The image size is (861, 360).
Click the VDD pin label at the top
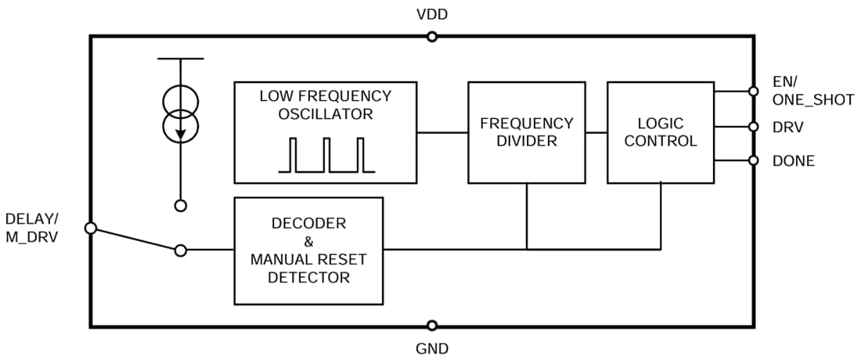click(x=432, y=14)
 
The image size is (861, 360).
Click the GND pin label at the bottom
click(x=432, y=348)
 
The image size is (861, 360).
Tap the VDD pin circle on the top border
click(x=431, y=36)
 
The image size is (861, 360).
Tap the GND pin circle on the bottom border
click(x=431, y=326)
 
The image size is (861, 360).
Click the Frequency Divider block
click(x=526, y=132)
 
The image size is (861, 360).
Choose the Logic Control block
click(x=660, y=132)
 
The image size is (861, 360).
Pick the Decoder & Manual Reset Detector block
click(x=308, y=250)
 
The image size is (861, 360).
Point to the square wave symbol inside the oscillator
click(x=326, y=155)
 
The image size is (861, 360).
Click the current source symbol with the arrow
click(x=181, y=113)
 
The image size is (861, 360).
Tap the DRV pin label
click(x=787, y=126)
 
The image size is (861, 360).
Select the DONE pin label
click(x=793, y=161)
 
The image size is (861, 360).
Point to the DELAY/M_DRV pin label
click(x=31, y=227)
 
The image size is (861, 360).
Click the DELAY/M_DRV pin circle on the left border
click(x=90, y=228)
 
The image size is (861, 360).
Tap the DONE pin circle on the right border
click(x=753, y=160)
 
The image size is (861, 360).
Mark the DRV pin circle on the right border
click(x=753, y=126)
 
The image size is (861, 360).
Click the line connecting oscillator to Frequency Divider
click(x=442, y=132)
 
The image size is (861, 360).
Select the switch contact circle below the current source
click(x=181, y=206)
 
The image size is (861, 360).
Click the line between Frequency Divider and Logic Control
click(x=596, y=132)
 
